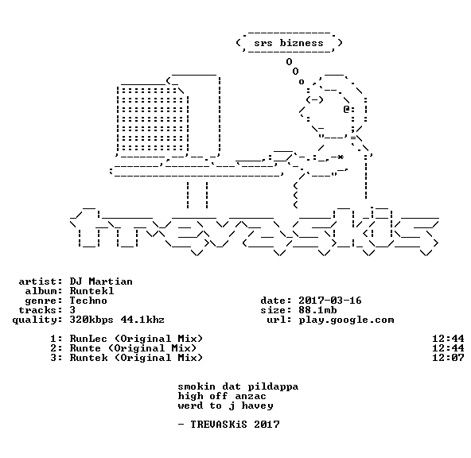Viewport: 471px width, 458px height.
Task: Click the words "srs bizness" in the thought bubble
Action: [289, 43]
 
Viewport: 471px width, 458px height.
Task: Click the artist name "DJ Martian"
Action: [101, 281]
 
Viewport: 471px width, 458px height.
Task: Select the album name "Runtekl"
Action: [91, 291]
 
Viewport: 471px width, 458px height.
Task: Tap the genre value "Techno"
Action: [88, 301]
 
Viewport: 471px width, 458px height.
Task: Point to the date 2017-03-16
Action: [330, 301]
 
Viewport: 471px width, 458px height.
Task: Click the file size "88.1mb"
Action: [317, 310]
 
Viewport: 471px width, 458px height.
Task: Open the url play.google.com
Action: [346, 320]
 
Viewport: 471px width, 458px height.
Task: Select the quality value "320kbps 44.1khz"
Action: [117, 320]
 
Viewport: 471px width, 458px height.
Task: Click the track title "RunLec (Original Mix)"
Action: [136, 339]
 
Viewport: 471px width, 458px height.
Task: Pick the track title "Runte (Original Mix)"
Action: [133, 348]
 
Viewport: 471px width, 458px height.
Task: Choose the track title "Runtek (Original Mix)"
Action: [136, 358]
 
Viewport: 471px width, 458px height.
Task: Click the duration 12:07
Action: [448, 358]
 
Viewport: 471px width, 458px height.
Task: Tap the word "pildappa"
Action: [273, 387]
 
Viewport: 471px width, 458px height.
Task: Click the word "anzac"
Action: [251, 397]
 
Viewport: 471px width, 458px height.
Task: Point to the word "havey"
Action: [257, 406]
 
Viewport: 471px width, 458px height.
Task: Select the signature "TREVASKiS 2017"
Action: [235, 425]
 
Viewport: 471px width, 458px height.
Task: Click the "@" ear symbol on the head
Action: [346, 109]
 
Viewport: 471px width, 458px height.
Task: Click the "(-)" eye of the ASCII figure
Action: [314, 99]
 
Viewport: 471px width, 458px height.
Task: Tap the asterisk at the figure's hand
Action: [340, 157]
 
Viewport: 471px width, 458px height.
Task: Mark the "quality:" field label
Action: [37, 320]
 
